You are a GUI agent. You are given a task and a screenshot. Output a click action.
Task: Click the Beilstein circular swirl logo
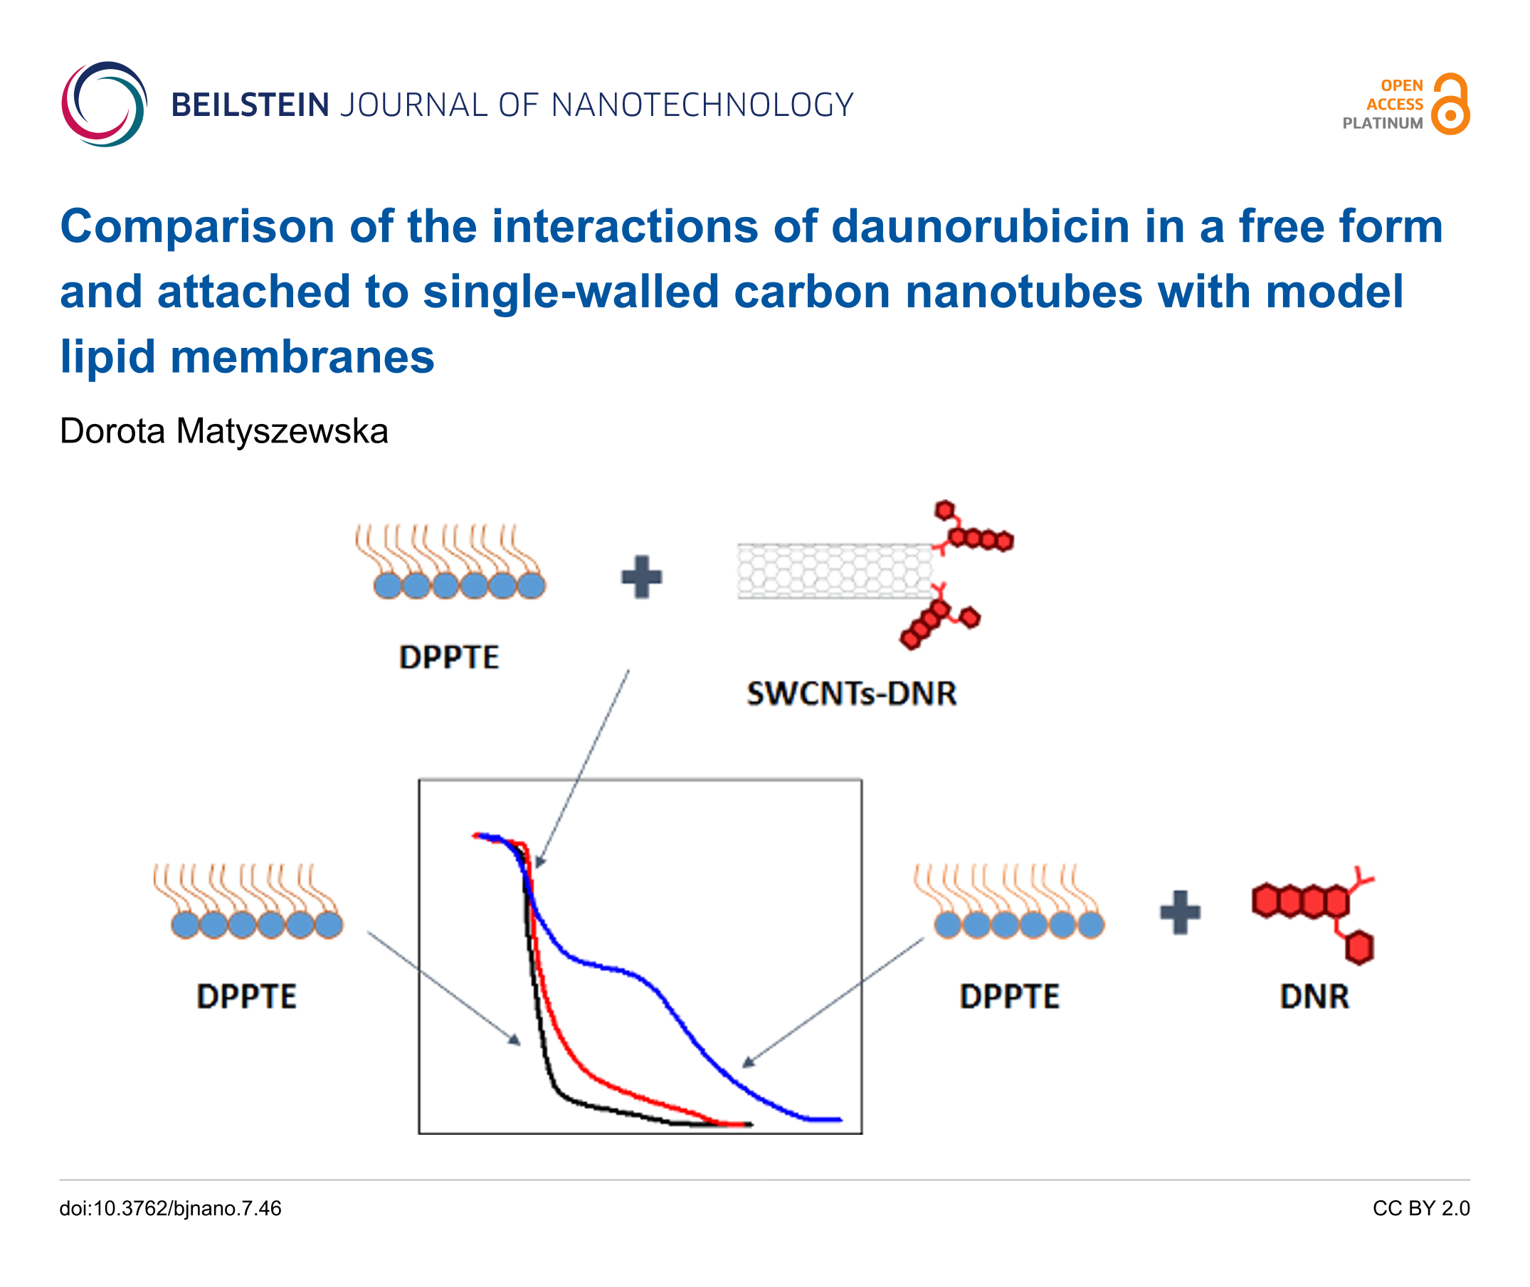coord(105,105)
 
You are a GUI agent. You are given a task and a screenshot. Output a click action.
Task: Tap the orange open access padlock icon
coord(1450,104)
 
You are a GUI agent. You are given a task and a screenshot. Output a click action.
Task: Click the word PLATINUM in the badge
coord(1382,124)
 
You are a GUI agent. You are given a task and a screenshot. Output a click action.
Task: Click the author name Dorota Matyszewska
coord(223,430)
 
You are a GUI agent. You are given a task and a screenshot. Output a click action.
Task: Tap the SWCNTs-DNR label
coord(850,694)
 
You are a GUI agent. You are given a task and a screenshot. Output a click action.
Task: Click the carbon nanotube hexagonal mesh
coord(835,571)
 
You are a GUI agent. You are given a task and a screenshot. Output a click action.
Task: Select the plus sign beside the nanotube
coord(641,577)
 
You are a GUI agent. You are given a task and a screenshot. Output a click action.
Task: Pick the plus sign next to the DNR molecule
coord(1180,913)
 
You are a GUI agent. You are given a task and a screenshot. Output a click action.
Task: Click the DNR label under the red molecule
coord(1314,997)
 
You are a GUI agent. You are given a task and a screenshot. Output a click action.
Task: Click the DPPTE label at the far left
coord(247,997)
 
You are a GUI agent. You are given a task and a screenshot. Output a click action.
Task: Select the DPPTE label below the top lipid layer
coord(449,657)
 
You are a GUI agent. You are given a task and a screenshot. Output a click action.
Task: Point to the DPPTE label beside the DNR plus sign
coord(1009,997)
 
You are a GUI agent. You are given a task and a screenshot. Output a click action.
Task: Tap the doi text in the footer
coord(170,1208)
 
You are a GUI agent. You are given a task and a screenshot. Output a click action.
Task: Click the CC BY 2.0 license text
coord(1420,1208)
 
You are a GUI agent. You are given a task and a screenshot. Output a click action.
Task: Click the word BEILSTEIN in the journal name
coord(250,105)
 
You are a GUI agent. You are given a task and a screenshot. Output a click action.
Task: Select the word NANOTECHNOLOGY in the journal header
coord(702,105)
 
